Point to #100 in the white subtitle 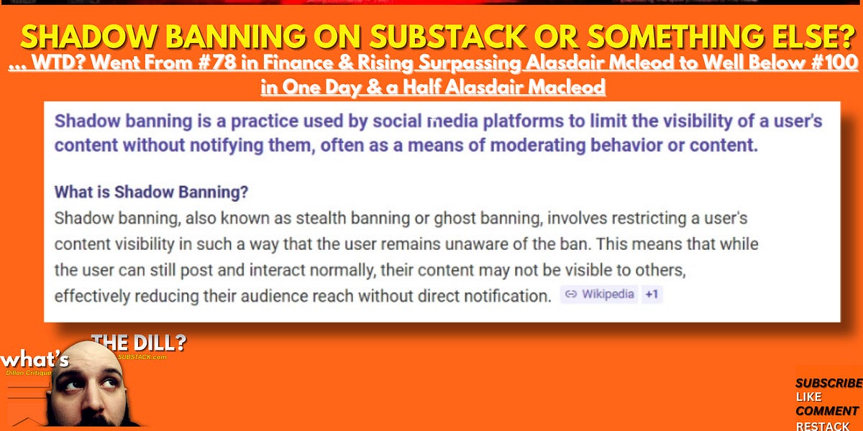[828, 63]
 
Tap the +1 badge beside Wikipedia [651, 295]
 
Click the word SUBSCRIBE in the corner [828, 384]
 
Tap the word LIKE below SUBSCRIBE [809, 397]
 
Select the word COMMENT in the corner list [826, 412]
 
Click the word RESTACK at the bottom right [823, 426]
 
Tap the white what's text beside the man [34, 359]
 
